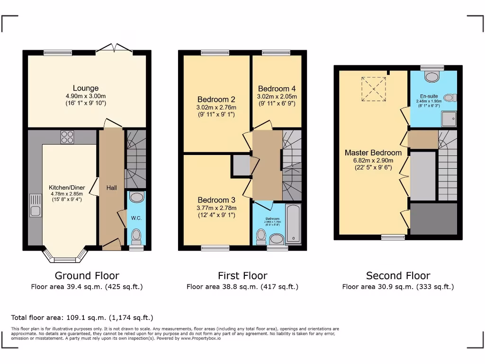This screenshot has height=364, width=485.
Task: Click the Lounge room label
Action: (86, 88)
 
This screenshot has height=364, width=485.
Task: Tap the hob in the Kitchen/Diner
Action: (67, 137)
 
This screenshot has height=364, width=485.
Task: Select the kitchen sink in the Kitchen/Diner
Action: (36, 205)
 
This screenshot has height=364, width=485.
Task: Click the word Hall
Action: (111, 188)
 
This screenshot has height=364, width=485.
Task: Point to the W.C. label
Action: (136, 218)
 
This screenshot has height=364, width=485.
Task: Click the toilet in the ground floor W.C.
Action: (136, 235)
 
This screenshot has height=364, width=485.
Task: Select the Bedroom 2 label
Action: (216, 100)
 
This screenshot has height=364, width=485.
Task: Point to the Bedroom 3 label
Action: (216, 200)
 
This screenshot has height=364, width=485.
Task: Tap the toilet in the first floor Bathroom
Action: (261, 236)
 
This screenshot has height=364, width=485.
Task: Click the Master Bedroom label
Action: (373, 153)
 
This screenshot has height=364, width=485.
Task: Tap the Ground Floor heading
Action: (87, 275)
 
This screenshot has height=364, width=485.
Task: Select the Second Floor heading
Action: (398, 275)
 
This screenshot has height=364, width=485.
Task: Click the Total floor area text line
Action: (82, 318)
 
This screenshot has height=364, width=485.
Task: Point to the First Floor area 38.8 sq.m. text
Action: (242, 287)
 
